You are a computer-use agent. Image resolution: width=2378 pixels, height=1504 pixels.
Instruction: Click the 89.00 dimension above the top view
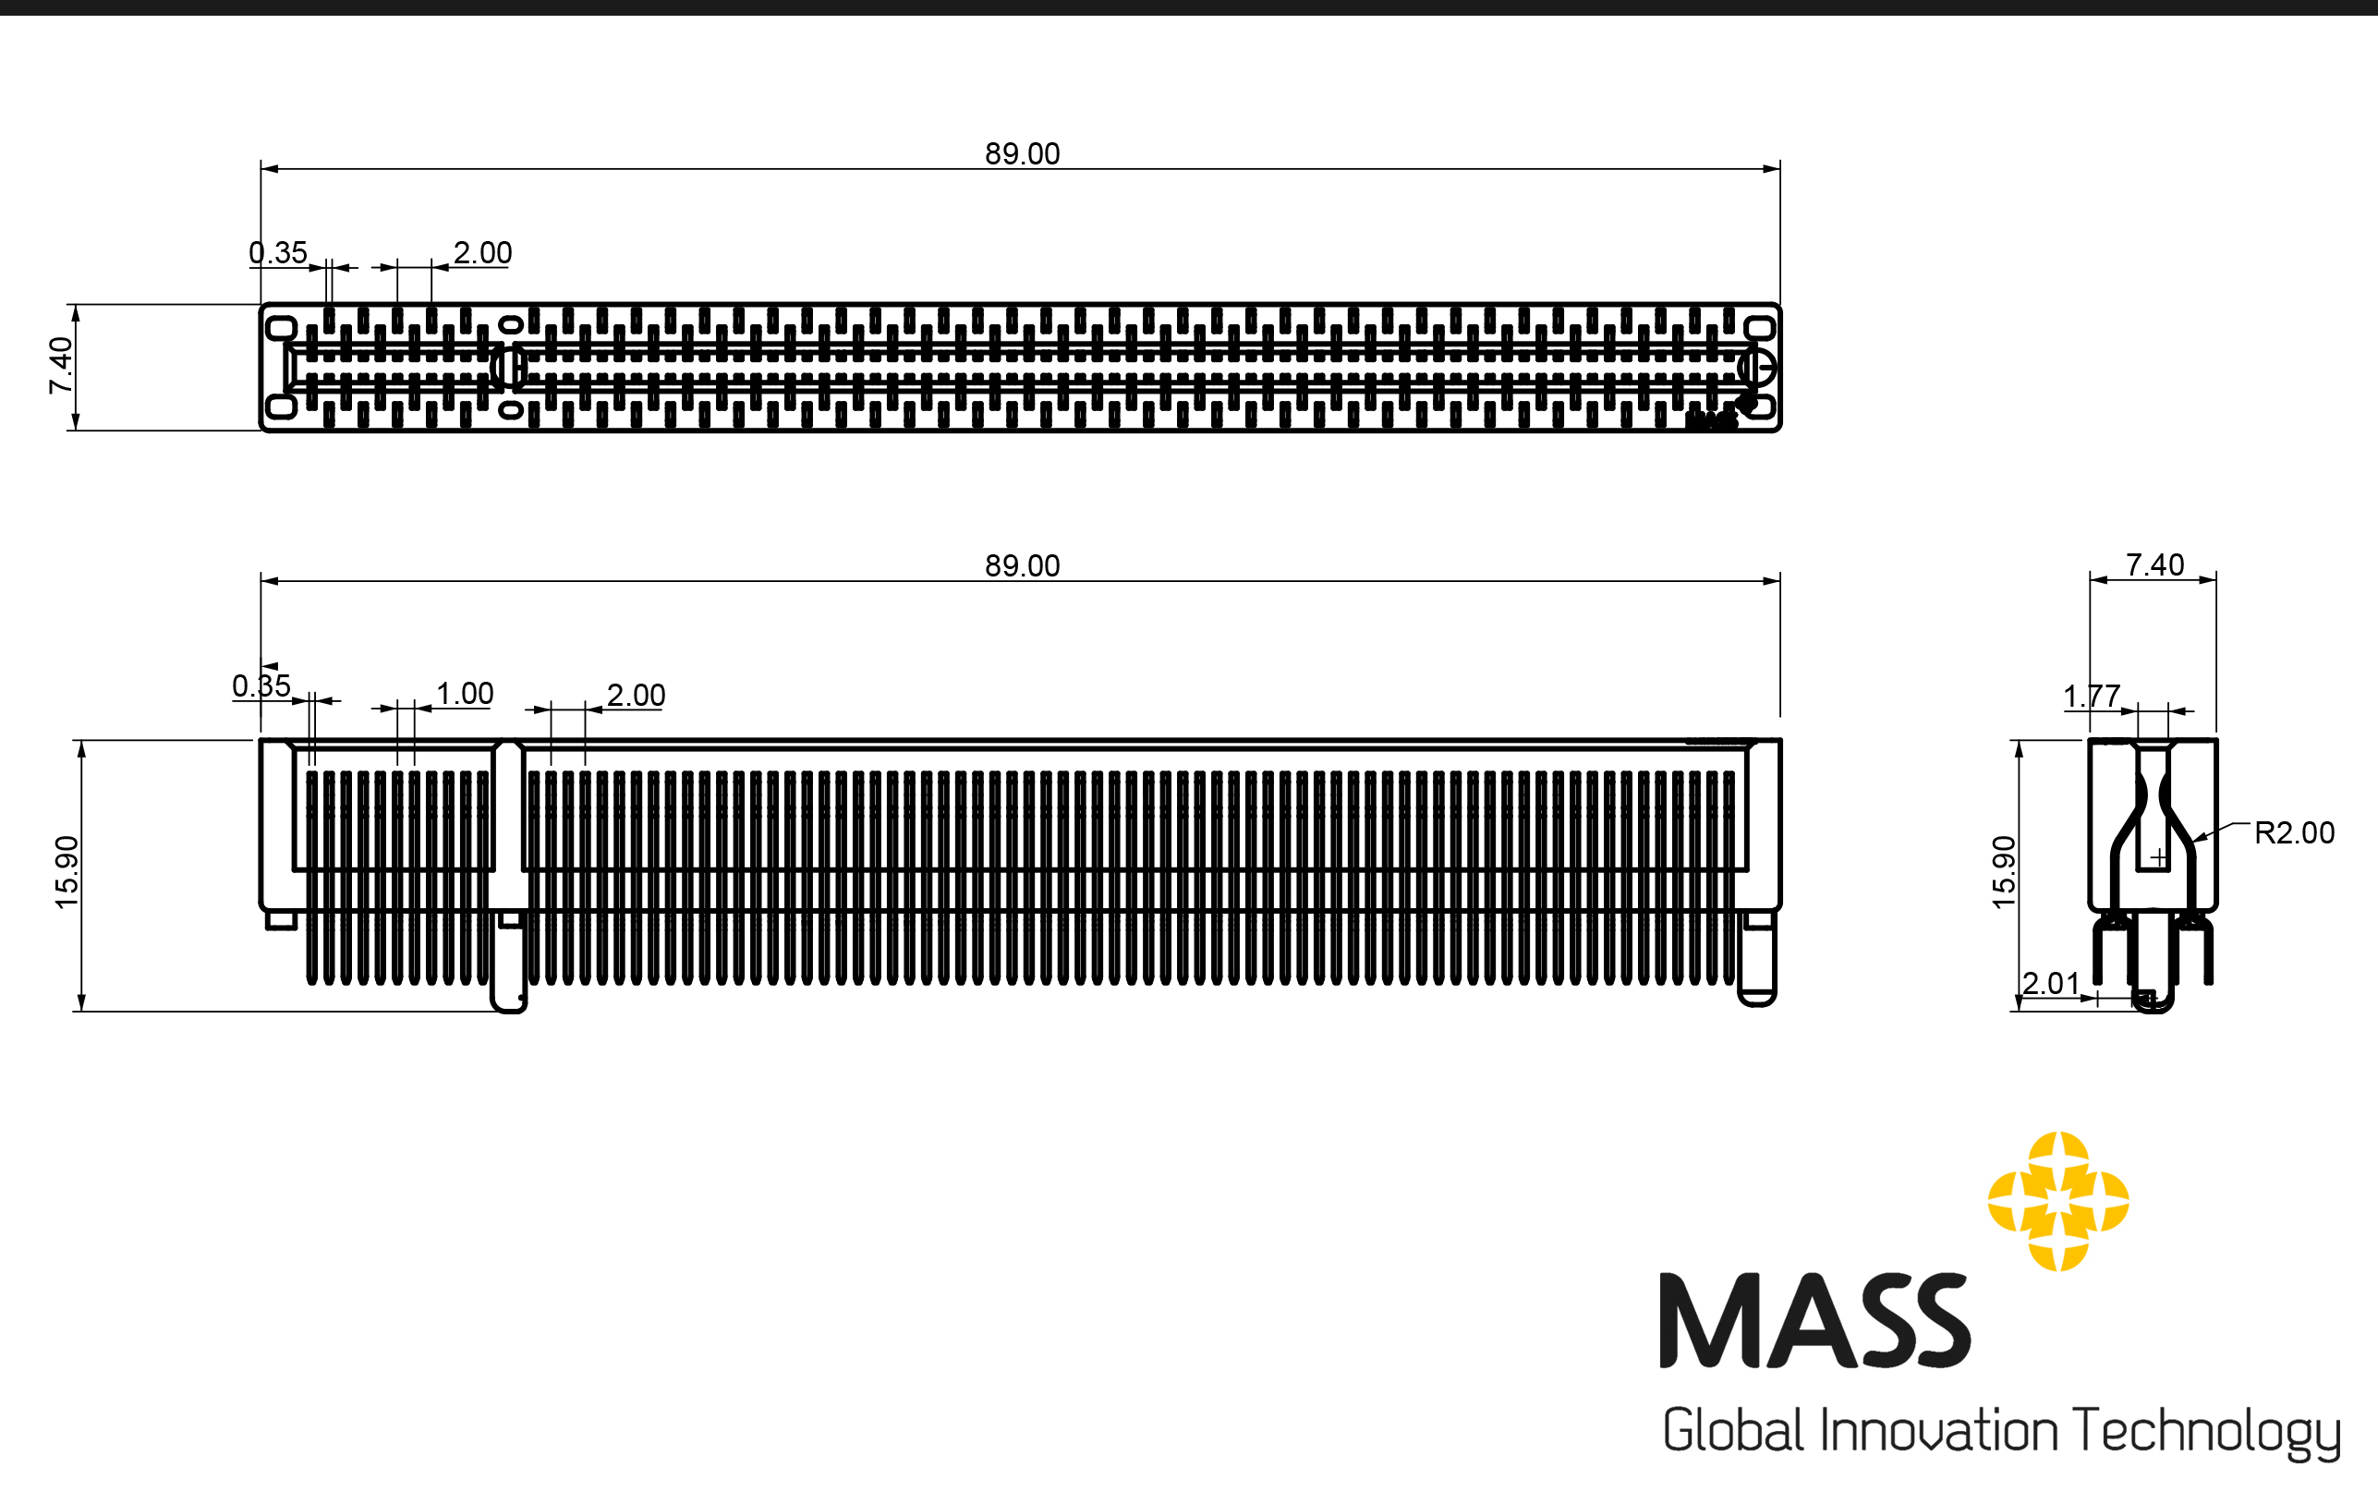1022,154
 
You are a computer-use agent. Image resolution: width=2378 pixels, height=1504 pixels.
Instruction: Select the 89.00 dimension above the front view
1022,566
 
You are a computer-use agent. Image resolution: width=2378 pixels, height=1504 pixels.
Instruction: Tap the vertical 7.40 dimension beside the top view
61,366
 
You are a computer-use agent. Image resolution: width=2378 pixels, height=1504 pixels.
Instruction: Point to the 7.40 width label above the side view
2154,564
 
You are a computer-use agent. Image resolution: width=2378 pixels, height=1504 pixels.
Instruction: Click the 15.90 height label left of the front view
67,872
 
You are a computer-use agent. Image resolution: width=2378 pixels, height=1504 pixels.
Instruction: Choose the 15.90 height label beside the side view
2004,872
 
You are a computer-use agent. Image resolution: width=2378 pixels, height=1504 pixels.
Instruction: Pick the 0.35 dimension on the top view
278,253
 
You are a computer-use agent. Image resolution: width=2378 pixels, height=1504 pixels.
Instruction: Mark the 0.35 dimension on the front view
261,685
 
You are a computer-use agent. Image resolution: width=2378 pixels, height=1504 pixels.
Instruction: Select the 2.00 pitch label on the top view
483,253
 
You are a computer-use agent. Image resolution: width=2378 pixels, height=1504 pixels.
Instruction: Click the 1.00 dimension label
465,693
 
